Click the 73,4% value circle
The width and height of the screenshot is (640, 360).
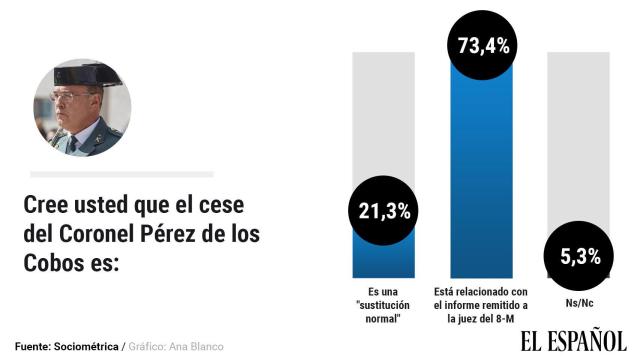[x=483, y=45]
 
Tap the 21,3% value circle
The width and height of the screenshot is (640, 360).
[x=384, y=211]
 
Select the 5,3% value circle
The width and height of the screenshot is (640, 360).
[x=580, y=256]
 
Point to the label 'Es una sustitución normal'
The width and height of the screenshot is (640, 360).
[x=384, y=305]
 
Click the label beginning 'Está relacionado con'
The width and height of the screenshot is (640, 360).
[x=483, y=305]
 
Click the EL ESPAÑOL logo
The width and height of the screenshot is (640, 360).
[x=572, y=339]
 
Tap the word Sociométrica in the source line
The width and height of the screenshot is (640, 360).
[x=83, y=346]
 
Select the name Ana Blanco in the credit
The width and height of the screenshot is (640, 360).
[x=197, y=346]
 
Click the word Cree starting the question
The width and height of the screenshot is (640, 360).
[x=45, y=206]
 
